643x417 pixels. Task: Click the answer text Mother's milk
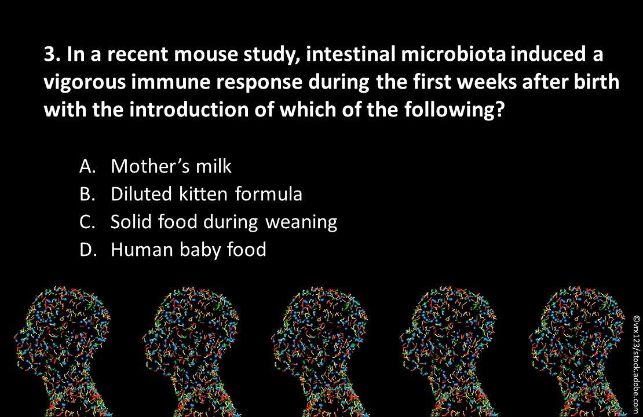coord(171,166)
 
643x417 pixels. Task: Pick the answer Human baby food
coord(188,250)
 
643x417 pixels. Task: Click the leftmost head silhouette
coord(67,348)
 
